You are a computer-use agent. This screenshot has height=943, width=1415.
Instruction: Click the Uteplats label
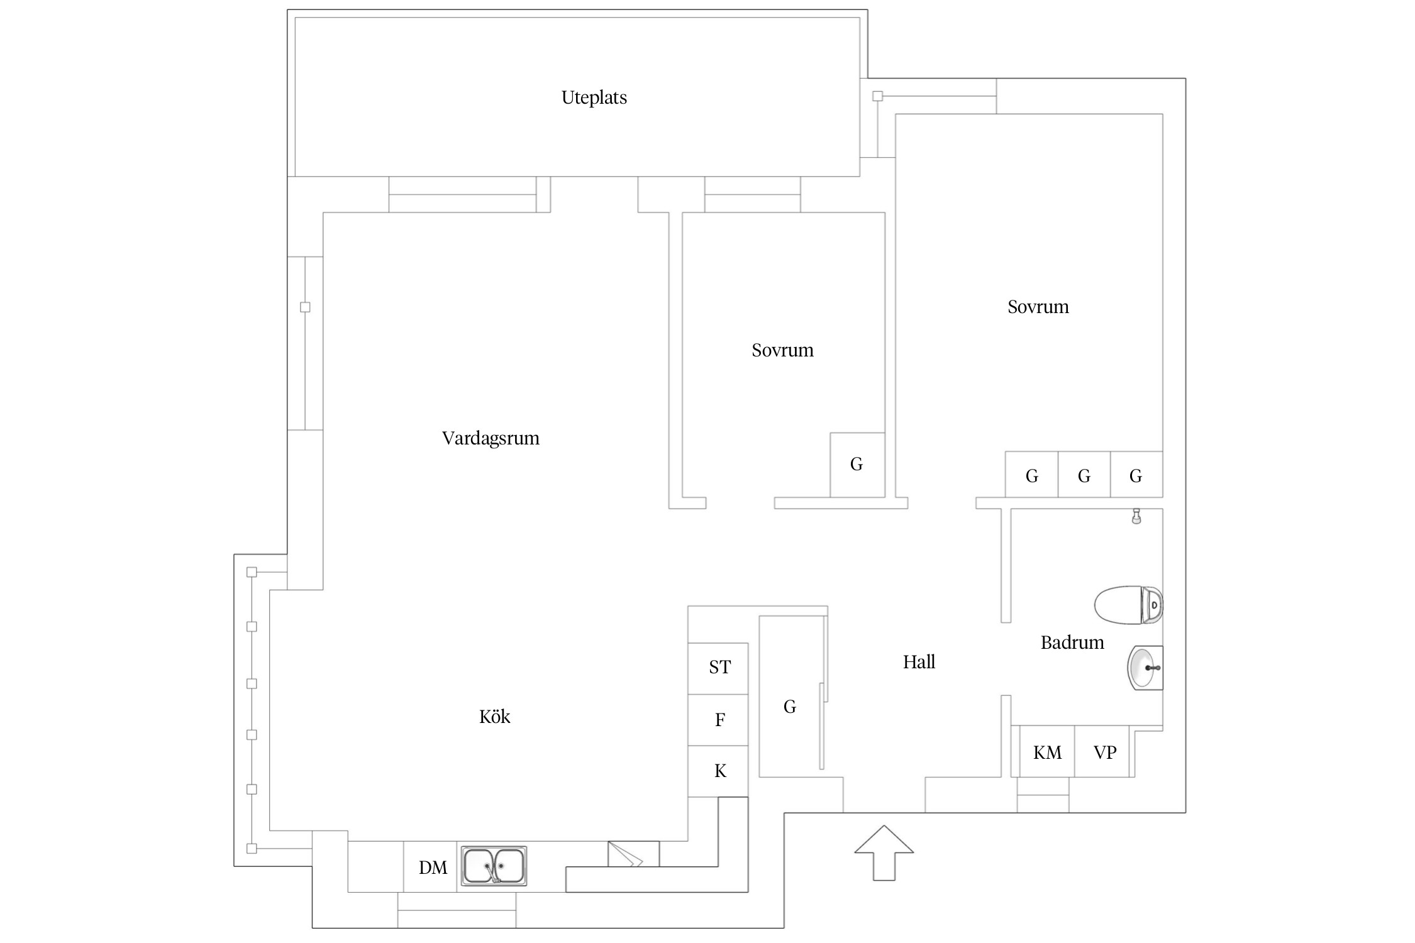point(594,97)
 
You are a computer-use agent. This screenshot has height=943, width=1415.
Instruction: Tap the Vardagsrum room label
point(491,438)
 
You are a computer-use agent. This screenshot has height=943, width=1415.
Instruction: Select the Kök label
point(494,717)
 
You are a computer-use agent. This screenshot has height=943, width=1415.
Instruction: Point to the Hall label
point(919,662)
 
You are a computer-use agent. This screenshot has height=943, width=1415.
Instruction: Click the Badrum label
point(1072,642)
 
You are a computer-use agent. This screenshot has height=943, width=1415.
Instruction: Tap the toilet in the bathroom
point(1128,605)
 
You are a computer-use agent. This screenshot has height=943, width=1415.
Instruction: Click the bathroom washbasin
point(1145,668)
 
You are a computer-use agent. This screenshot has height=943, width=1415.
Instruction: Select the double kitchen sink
point(494,866)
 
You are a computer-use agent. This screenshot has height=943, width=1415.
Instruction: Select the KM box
point(1046,752)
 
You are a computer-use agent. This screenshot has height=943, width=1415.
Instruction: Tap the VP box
point(1104,752)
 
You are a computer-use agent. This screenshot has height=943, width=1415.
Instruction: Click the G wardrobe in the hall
point(790,707)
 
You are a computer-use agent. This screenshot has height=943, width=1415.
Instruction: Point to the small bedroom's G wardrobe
point(857,465)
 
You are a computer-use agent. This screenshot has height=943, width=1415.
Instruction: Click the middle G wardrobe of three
point(1084,475)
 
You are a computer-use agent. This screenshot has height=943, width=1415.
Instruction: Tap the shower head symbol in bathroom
point(1136,516)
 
